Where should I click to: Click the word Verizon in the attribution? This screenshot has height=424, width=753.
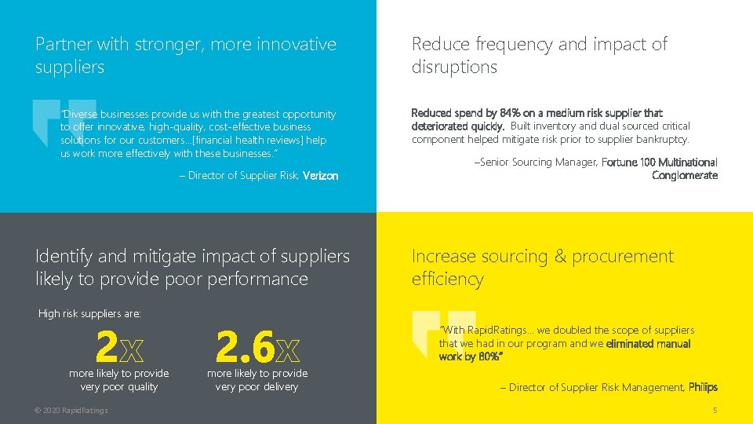320,176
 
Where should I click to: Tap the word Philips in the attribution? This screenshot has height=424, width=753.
703,387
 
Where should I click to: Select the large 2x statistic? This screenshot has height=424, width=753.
118,345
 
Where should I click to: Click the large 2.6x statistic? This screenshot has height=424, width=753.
256,345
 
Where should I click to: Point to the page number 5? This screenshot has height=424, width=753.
715,411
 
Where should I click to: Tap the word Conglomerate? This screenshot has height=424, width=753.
685,175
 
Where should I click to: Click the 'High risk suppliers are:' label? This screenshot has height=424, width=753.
90,314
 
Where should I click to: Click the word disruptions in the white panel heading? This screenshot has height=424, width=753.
454,68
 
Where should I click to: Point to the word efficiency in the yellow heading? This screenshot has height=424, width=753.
448,280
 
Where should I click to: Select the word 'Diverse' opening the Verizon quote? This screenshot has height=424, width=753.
79,115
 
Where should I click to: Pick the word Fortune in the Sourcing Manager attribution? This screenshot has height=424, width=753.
620,163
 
